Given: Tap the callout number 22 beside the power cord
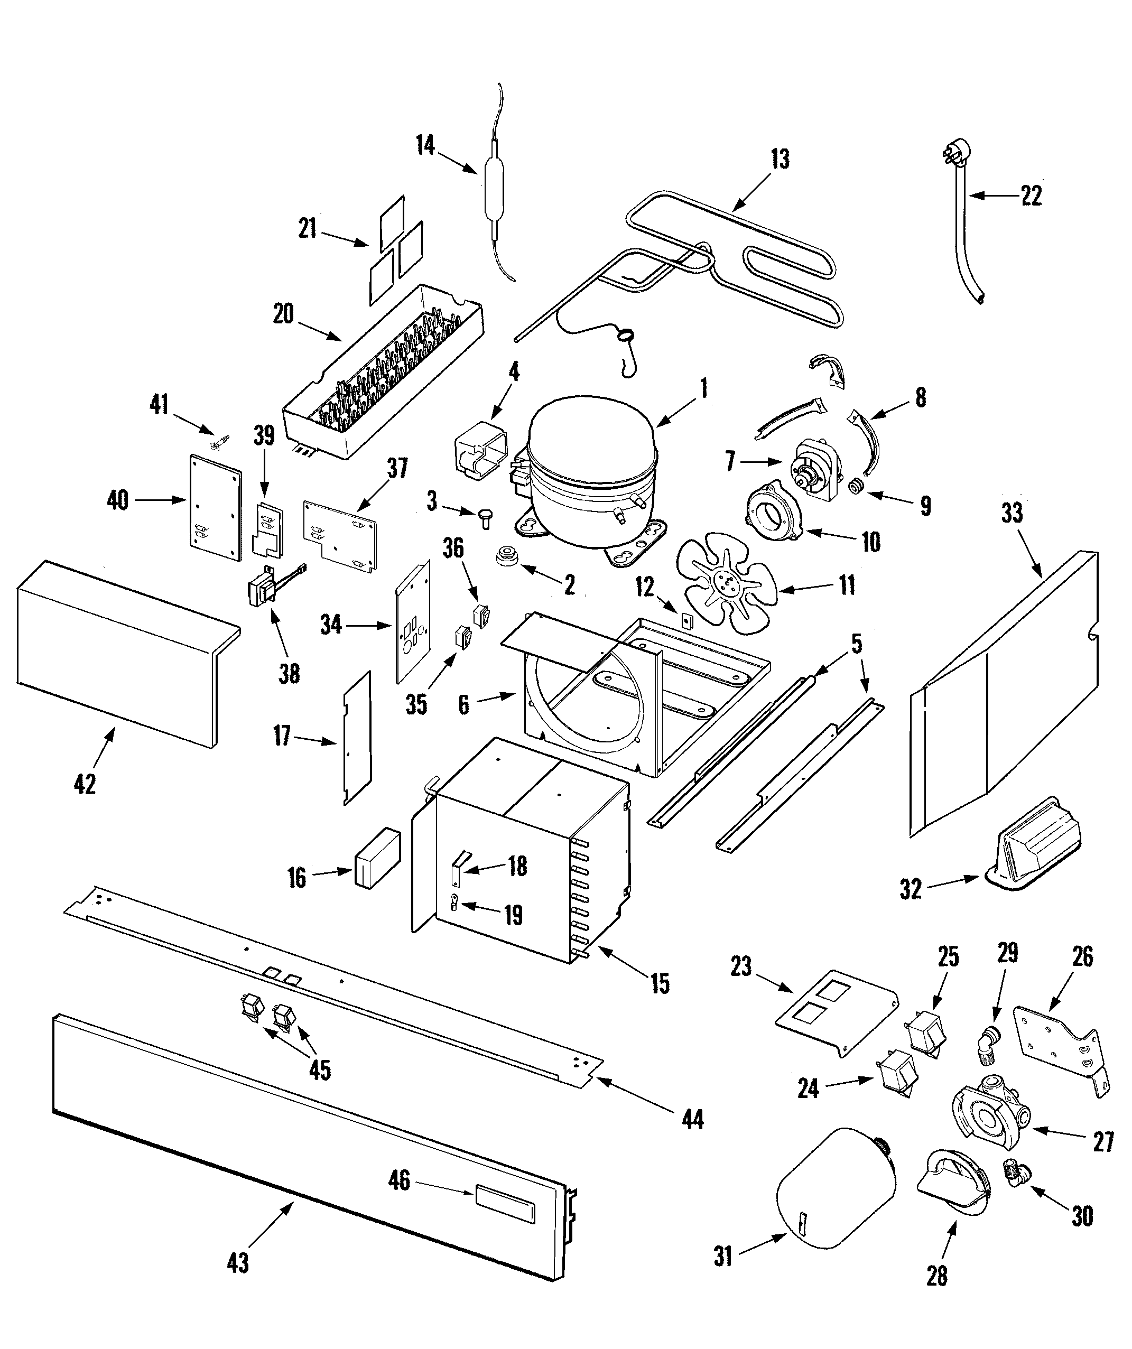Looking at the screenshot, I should pyautogui.click(x=1031, y=196).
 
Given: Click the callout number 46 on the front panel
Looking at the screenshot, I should pyautogui.click(x=399, y=1180).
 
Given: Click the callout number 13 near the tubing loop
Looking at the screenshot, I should pyautogui.click(x=780, y=159).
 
